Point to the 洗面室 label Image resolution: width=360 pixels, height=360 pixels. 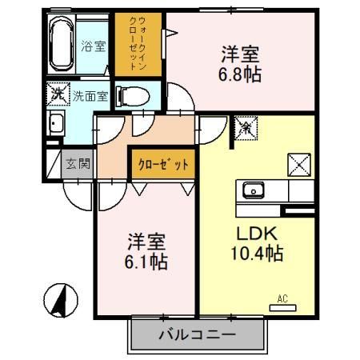[x=88, y=96]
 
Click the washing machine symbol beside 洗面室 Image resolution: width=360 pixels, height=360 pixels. [x=59, y=95]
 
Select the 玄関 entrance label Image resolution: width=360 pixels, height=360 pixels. [x=78, y=166]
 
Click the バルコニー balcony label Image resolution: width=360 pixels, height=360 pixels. [x=196, y=335]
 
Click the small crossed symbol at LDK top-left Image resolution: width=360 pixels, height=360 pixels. [x=246, y=126]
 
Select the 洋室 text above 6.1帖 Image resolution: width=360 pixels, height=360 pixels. [x=146, y=240]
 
